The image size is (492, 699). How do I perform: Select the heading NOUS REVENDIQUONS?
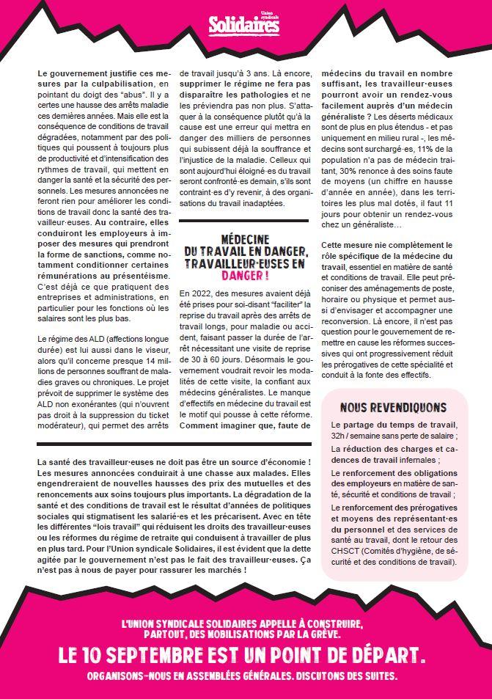pyautogui.click(x=393, y=407)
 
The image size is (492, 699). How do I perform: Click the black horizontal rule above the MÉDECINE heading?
pyautogui.click(x=243, y=221)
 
